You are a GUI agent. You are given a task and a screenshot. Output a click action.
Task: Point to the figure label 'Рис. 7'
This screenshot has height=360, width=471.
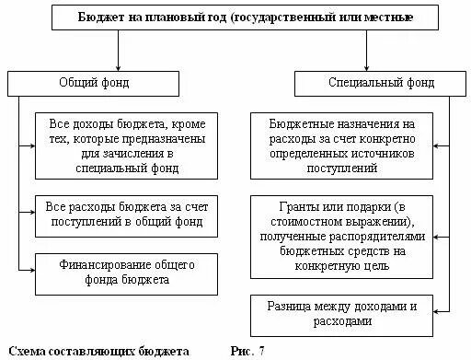tap(247, 351)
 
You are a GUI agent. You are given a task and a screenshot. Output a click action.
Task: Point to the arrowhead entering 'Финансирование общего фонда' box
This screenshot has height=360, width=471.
tap(30, 267)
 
